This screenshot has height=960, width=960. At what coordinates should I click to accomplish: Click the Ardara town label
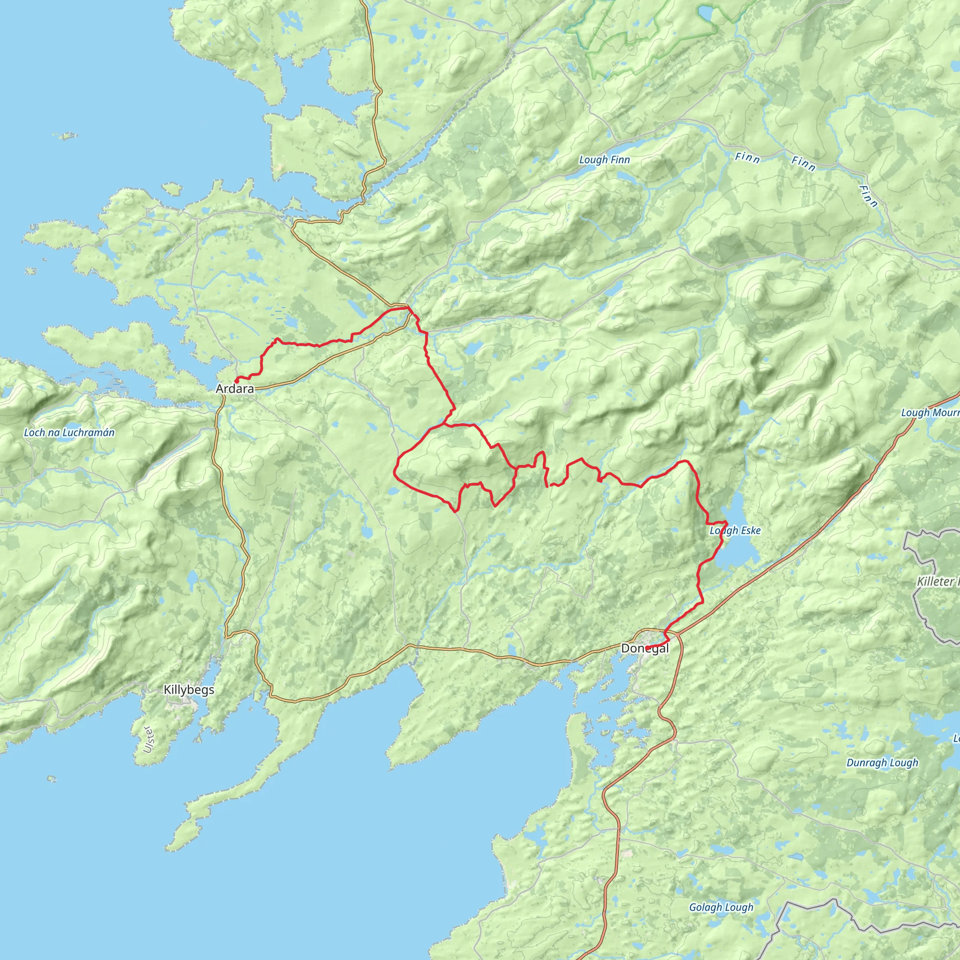234,389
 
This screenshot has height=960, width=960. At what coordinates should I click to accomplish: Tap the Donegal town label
645,648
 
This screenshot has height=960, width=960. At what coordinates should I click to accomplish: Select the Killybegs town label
189,690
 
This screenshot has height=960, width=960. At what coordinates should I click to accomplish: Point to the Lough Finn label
604,160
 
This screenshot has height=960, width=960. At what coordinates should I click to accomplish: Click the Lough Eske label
735,531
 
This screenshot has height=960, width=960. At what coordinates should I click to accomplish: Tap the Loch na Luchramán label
69,432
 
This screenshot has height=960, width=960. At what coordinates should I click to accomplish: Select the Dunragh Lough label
882,763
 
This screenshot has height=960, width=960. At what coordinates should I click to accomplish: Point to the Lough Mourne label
930,413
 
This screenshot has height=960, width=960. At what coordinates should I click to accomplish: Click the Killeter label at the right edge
937,581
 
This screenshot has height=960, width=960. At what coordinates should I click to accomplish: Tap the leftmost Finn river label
747,158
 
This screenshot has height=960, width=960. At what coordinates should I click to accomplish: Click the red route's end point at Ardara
236,381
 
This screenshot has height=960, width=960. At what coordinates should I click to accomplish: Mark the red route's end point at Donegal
647,647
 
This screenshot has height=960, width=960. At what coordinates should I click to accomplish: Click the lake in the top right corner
705,14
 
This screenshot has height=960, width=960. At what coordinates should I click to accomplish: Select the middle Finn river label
803,163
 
